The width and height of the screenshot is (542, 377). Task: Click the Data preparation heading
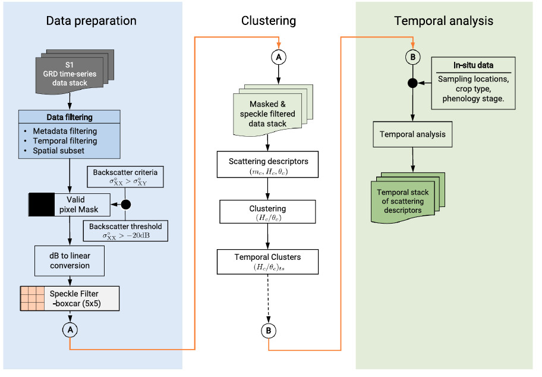tap(91, 21)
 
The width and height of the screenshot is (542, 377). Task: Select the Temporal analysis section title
tap(443, 21)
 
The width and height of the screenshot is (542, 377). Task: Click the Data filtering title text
tap(70, 118)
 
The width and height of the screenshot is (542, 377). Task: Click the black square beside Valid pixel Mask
tap(42, 205)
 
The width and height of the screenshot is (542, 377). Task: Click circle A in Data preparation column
tap(70, 329)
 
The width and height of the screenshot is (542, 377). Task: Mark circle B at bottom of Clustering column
tap(269, 330)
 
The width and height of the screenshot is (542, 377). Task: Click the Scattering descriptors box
tap(269, 166)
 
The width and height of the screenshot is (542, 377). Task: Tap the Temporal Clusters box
tap(269, 262)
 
